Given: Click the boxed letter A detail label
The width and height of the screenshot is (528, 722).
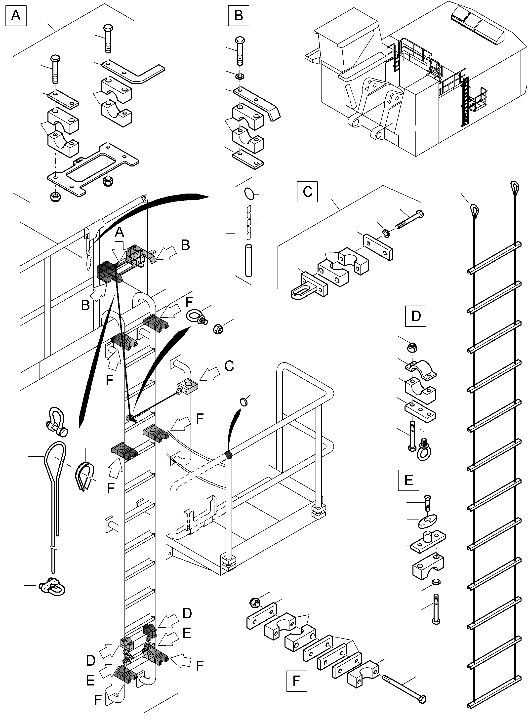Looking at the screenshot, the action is pyautogui.click(x=16, y=15).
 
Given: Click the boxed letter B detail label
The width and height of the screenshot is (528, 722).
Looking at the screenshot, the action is pyautogui.click(x=239, y=15).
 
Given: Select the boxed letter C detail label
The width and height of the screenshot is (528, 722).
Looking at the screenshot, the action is pyautogui.click(x=307, y=192).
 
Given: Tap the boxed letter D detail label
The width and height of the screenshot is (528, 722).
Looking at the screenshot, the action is pyautogui.click(x=415, y=316).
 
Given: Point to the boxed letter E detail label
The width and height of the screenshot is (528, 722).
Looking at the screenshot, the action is pyautogui.click(x=408, y=480).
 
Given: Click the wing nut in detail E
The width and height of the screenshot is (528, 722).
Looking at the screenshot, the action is pyautogui.click(x=428, y=523).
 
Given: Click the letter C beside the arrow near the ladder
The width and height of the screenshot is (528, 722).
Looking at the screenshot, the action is pyautogui.click(x=229, y=366).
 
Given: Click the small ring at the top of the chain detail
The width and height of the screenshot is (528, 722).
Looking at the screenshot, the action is pyautogui.click(x=250, y=193).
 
